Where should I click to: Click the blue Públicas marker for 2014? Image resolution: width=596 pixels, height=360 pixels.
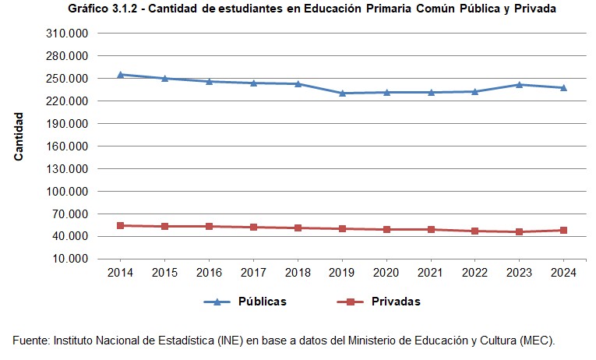click(120, 75)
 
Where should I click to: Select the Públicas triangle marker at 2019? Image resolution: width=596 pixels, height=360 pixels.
click(342, 94)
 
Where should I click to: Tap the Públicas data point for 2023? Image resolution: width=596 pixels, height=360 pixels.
click(519, 84)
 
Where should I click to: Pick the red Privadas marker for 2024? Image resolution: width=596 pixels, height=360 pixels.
click(563, 230)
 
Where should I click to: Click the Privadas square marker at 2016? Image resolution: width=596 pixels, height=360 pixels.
click(209, 226)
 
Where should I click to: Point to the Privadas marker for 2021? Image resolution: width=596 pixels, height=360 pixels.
click(431, 229)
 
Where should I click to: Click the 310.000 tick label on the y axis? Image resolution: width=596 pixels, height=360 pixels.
click(69, 34)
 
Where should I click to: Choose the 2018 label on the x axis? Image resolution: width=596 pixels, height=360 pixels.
click(298, 273)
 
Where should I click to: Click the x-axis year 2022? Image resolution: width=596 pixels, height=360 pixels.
click(475, 273)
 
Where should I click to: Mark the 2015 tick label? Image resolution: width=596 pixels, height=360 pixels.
click(164, 273)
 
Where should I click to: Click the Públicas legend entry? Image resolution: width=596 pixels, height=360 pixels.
click(262, 302)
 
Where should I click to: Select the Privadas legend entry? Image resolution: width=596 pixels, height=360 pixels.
click(396, 302)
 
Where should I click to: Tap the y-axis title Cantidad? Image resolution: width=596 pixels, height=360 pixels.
click(19, 136)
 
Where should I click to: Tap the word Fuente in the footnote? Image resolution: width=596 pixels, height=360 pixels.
click(30, 341)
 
